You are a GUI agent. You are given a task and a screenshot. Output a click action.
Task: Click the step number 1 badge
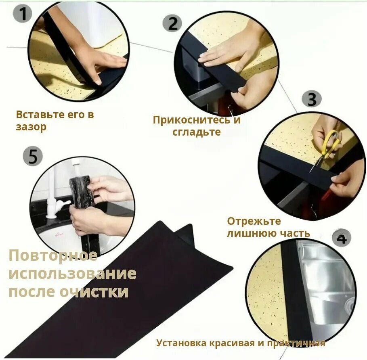(x=23, y=14)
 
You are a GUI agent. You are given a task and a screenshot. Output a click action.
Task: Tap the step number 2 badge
(x=172, y=23)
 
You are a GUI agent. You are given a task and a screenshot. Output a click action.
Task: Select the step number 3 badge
(x=312, y=99)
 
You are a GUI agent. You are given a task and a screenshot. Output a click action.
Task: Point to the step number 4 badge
(x=342, y=238)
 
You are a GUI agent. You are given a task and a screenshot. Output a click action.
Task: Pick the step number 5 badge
(x=33, y=156)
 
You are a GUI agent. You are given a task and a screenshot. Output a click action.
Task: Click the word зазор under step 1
(x=31, y=128)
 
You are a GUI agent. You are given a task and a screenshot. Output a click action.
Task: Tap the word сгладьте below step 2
(x=197, y=132)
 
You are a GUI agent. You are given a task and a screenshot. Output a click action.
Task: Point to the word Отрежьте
(x=254, y=221)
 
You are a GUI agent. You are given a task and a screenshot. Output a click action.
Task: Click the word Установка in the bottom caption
(x=182, y=343)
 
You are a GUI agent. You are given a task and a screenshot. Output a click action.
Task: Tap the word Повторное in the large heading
(x=53, y=256)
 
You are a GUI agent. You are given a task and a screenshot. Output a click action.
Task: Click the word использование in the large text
(x=72, y=274)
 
